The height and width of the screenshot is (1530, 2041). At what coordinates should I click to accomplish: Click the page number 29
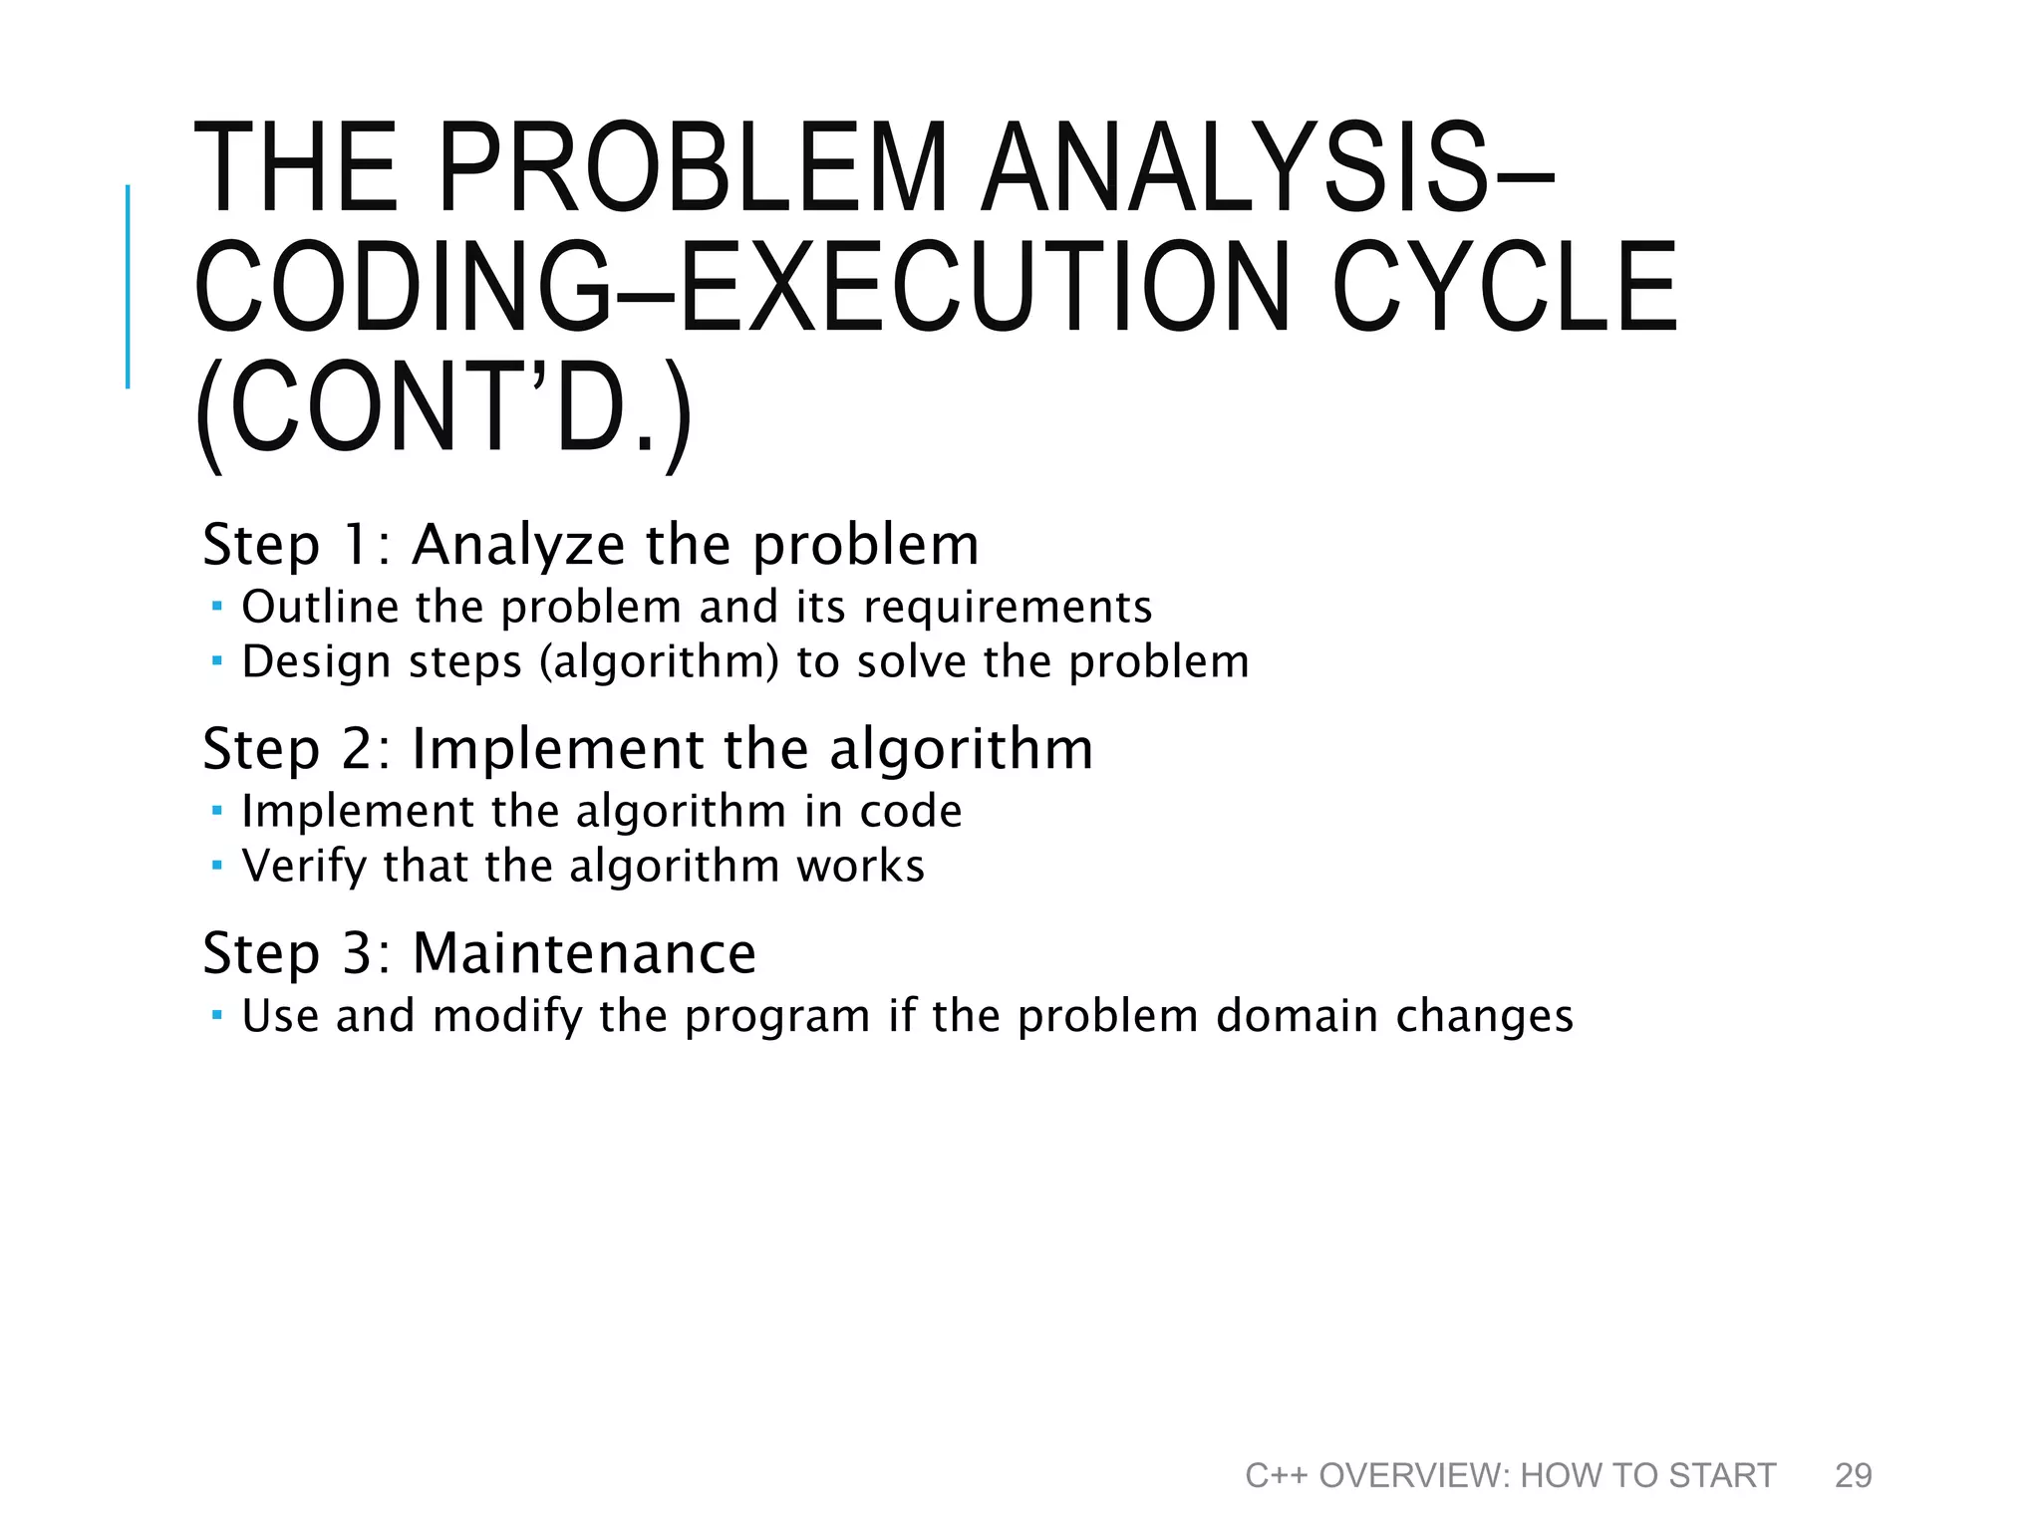[1853, 1475]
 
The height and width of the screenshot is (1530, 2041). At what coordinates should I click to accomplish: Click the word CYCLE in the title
[1505, 288]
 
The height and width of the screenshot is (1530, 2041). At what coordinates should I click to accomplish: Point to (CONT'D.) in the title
[442, 410]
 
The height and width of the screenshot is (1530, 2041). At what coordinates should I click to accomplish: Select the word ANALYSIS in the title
[1236, 167]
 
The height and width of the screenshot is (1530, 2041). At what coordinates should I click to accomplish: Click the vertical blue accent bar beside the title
[128, 286]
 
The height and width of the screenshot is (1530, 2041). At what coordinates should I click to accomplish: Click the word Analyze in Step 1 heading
[519, 545]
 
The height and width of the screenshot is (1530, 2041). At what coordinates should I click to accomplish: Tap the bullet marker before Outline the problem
[217, 605]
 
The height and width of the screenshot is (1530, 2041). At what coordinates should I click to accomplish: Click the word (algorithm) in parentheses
[659, 662]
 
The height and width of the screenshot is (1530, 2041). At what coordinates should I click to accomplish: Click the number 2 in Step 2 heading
[359, 749]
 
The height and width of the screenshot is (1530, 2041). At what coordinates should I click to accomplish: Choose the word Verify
[304, 867]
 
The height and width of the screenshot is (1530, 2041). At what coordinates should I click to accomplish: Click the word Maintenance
[584, 953]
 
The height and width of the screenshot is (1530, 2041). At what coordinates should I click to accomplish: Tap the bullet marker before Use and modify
[217, 1015]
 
